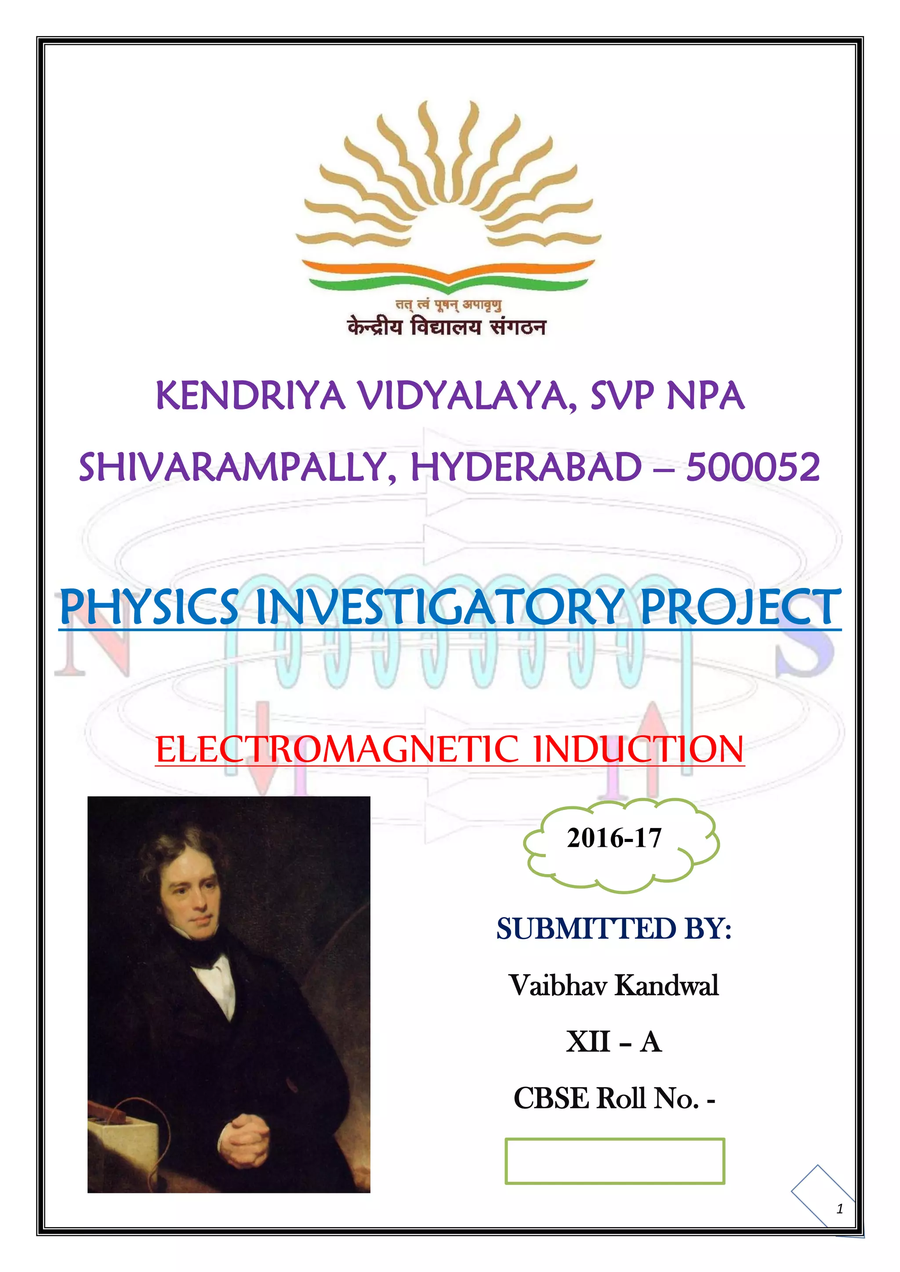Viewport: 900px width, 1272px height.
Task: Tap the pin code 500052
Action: pos(753,467)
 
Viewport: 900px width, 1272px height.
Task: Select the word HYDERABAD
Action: pos(526,467)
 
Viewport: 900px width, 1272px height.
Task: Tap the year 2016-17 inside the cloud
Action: pos(614,838)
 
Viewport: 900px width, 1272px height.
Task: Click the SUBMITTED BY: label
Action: pos(614,929)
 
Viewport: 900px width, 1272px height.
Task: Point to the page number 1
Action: pos(840,1209)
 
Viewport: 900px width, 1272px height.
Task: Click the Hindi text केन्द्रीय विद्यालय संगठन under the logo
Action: pos(446,327)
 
